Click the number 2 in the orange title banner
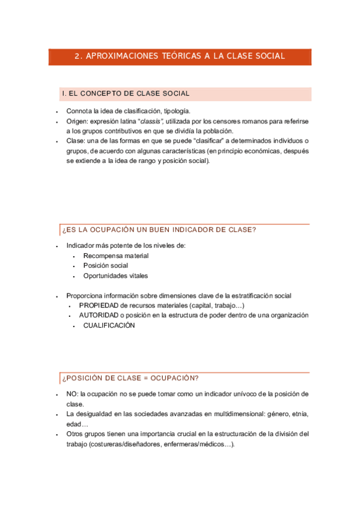[77, 57]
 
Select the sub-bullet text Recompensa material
[116, 256]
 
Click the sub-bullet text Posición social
[106, 266]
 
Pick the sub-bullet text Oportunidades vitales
[115, 276]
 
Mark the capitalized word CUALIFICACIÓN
[109, 325]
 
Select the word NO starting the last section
[72, 394]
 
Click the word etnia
[299, 414]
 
